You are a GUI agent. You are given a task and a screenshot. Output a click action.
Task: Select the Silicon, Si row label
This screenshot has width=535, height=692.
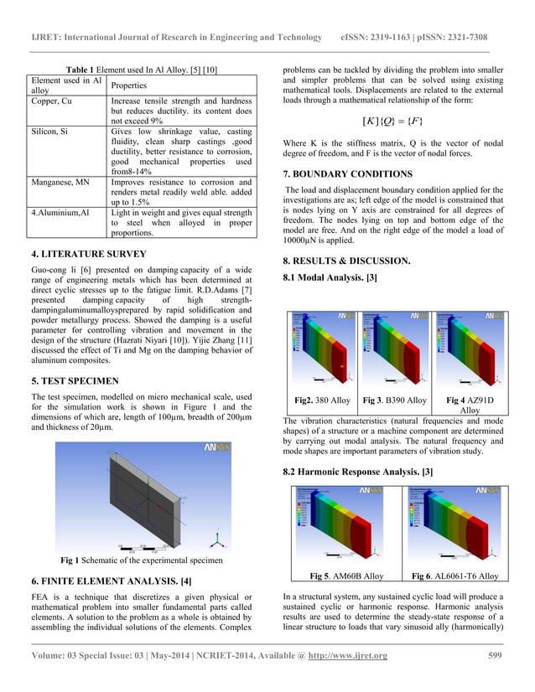pos(54,133)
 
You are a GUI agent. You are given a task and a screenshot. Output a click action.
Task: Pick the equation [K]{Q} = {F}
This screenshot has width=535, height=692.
pos(392,124)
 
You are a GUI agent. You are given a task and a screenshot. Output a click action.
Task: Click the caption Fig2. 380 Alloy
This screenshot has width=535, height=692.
pos(323,400)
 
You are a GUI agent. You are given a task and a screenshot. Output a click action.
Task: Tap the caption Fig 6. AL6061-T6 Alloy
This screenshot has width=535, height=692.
pos(454,576)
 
